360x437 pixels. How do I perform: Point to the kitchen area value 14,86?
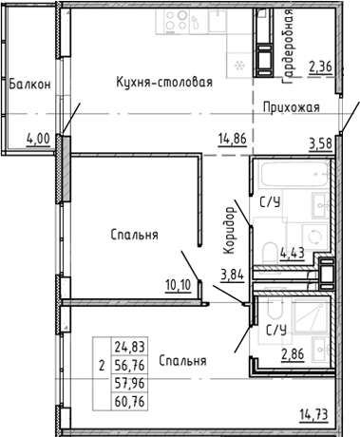click(x=233, y=138)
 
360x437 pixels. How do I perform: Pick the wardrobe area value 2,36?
click(x=321, y=66)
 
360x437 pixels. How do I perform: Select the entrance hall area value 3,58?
click(x=323, y=143)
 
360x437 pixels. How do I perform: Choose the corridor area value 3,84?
click(x=233, y=276)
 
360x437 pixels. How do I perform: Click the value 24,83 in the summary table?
click(x=127, y=346)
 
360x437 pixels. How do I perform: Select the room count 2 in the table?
click(x=102, y=362)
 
